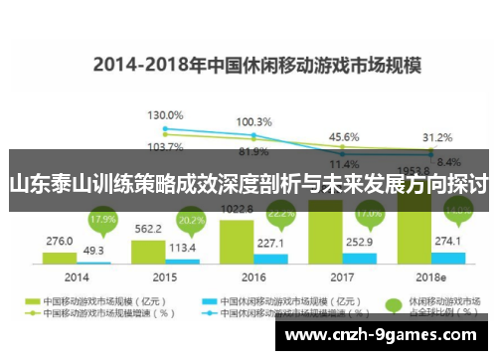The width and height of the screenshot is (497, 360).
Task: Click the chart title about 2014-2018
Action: click(257, 67)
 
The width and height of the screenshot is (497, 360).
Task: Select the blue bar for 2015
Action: click(182, 262)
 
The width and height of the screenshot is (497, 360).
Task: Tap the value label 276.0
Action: click(60, 241)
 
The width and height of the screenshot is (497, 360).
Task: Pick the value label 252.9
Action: click(360, 240)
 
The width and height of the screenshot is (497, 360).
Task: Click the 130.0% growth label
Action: click(165, 116)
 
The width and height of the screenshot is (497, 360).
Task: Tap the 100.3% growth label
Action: click(253, 121)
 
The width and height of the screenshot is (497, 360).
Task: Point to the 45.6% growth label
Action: click(344, 136)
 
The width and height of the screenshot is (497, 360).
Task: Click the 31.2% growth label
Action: click(437, 136)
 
